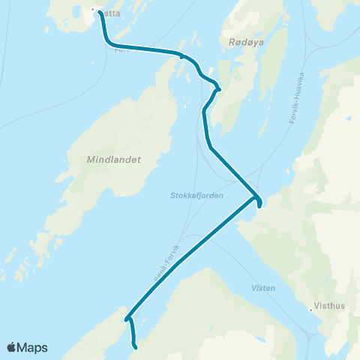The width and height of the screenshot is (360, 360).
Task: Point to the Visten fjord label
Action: pos(263,288)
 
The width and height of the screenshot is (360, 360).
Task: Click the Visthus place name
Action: pos(331,306)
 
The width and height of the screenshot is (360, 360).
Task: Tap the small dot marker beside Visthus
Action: pos(311,307)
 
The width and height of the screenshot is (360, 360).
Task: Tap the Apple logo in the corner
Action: pos(12,347)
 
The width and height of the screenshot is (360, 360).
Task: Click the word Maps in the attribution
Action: pos(33,347)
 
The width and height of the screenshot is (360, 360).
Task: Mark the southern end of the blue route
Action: pos(135,346)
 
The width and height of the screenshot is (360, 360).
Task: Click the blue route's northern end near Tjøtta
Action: pos(99,13)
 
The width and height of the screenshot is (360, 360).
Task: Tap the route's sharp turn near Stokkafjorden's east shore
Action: pos(259,203)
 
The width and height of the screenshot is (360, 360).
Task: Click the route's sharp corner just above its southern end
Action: pos(127,318)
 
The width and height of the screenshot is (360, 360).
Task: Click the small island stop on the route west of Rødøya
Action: pos(181,55)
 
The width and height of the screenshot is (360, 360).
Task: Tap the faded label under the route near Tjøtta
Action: pos(127,50)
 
